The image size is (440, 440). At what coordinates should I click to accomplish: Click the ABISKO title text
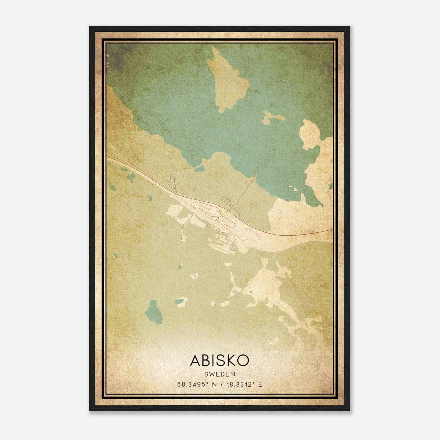click(x=219, y=361)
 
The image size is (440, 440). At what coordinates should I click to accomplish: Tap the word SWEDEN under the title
click(x=219, y=374)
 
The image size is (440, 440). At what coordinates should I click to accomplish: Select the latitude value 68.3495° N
click(x=195, y=384)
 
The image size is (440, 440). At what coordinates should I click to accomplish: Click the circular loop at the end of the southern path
click(x=180, y=242)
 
